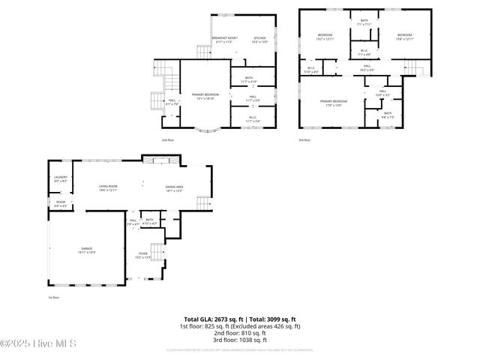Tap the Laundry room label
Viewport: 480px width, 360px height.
tap(61, 179)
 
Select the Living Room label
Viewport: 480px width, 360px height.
tap(109, 188)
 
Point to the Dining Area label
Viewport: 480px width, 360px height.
tap(175, 188)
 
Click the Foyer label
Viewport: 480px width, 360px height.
tap(142, 256)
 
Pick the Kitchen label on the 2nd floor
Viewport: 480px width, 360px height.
tap(259, 39)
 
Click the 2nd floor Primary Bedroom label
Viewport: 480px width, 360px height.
tap(205, 96)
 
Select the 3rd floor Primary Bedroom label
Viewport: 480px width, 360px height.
tap(334, 102)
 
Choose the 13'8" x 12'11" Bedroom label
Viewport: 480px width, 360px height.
tap(405, 37)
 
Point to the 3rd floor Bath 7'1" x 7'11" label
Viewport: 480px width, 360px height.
tap(364, 22)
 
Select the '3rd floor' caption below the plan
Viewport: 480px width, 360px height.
tap(304, 139)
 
